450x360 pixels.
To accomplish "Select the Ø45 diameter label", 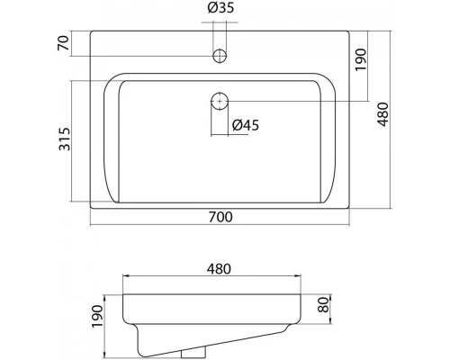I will click(x=245, y=125).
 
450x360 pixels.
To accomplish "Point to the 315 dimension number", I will click(x=62, y=139).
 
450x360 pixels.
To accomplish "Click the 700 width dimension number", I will click(x=221, y=216).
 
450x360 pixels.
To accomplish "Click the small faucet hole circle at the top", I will click(x=219, y=56).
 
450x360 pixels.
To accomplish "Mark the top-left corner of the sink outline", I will click(x=91, y=31).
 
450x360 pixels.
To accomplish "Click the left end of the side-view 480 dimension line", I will click(x=122, y=277).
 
